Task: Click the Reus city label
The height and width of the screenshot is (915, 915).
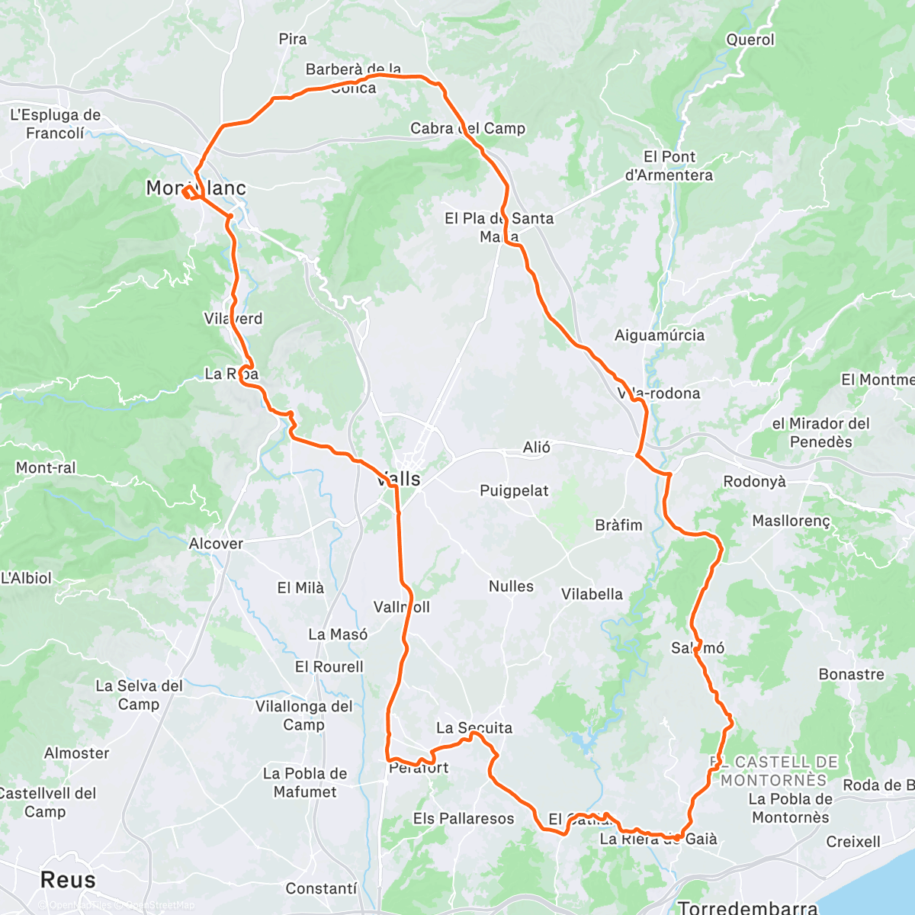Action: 68,879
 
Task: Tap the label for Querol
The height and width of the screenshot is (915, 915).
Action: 750,40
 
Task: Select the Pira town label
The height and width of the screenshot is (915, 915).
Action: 293,39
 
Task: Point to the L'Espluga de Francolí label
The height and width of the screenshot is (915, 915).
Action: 55,124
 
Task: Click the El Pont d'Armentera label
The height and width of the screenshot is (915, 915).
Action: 669,165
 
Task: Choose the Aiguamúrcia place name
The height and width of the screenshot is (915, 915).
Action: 660,335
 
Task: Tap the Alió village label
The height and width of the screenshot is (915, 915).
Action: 536,447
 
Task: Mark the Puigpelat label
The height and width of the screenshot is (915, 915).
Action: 514,490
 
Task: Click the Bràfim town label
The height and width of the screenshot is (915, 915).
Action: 618,525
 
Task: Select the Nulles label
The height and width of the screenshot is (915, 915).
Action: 511,586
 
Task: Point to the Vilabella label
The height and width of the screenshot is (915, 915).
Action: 592,594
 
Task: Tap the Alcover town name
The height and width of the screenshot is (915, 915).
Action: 216,544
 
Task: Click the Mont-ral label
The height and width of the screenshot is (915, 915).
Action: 46,467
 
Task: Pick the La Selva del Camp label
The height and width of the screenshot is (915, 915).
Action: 139,695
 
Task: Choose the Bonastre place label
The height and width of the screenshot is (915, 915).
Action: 851,674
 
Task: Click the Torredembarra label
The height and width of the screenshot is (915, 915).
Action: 747,907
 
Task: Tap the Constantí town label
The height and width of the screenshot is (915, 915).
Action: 321,888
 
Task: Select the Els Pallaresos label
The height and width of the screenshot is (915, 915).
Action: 464,818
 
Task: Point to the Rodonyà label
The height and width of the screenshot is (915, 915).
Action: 754,481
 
